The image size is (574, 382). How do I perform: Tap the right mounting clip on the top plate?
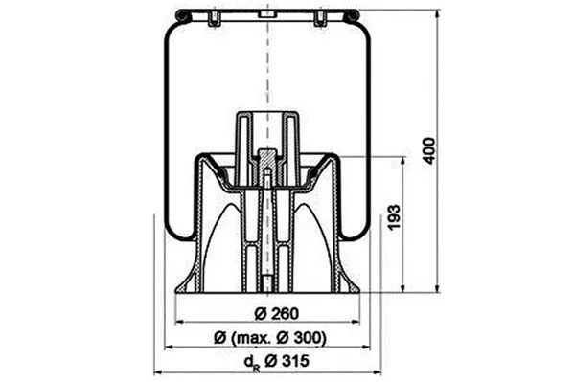[319, 18]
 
